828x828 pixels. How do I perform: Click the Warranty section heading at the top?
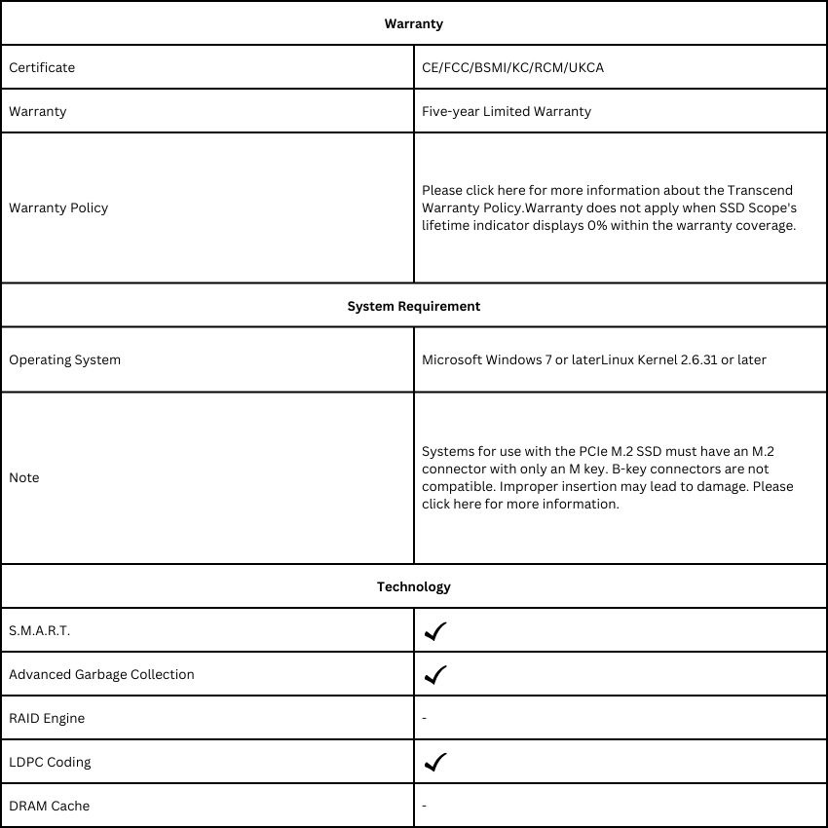point(413,23)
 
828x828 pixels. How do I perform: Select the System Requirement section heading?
point(413,306)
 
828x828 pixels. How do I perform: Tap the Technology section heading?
point(413,586)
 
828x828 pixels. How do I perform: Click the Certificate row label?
point(42,67)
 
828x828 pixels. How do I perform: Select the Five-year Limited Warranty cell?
point(507,111)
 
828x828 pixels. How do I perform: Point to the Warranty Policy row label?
point(58,207)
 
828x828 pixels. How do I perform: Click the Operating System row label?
point(65,359)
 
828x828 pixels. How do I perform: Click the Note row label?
point(24,477)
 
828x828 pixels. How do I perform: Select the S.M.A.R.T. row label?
point(40,630)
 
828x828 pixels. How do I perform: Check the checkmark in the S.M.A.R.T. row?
point(435,631)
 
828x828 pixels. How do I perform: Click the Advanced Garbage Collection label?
point(101,674)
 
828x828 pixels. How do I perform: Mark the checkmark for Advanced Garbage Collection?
point(435,674)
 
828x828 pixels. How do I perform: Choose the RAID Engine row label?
point(47,718)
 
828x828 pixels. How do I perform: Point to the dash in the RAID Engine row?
point(425,718)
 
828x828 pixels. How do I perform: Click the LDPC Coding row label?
point(50,762)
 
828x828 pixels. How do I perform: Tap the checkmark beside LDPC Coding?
point(435,762)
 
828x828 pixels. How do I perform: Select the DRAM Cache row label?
point(49,806)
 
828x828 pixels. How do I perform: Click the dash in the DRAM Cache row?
point(425,806)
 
